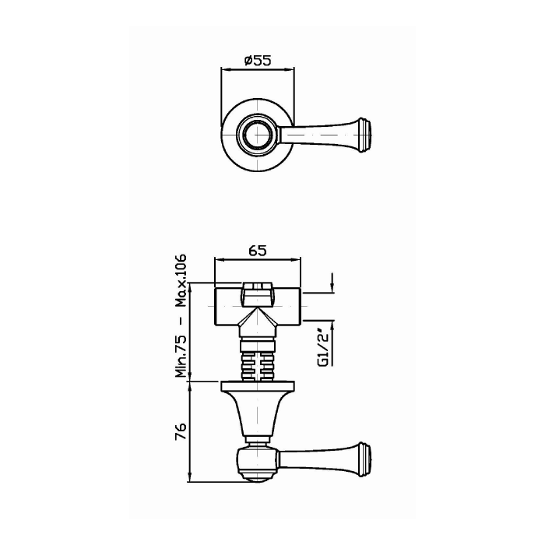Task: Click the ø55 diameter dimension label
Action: (x=257, y=61)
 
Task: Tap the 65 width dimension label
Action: (x=258, y=250)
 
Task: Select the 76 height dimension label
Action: (x=181, y=431)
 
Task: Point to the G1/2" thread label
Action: (x=323, y=350)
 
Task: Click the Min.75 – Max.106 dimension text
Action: (x=181, y=315)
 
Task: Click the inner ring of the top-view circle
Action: (x=257, y=134)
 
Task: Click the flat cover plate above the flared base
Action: (x=258, y=385)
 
